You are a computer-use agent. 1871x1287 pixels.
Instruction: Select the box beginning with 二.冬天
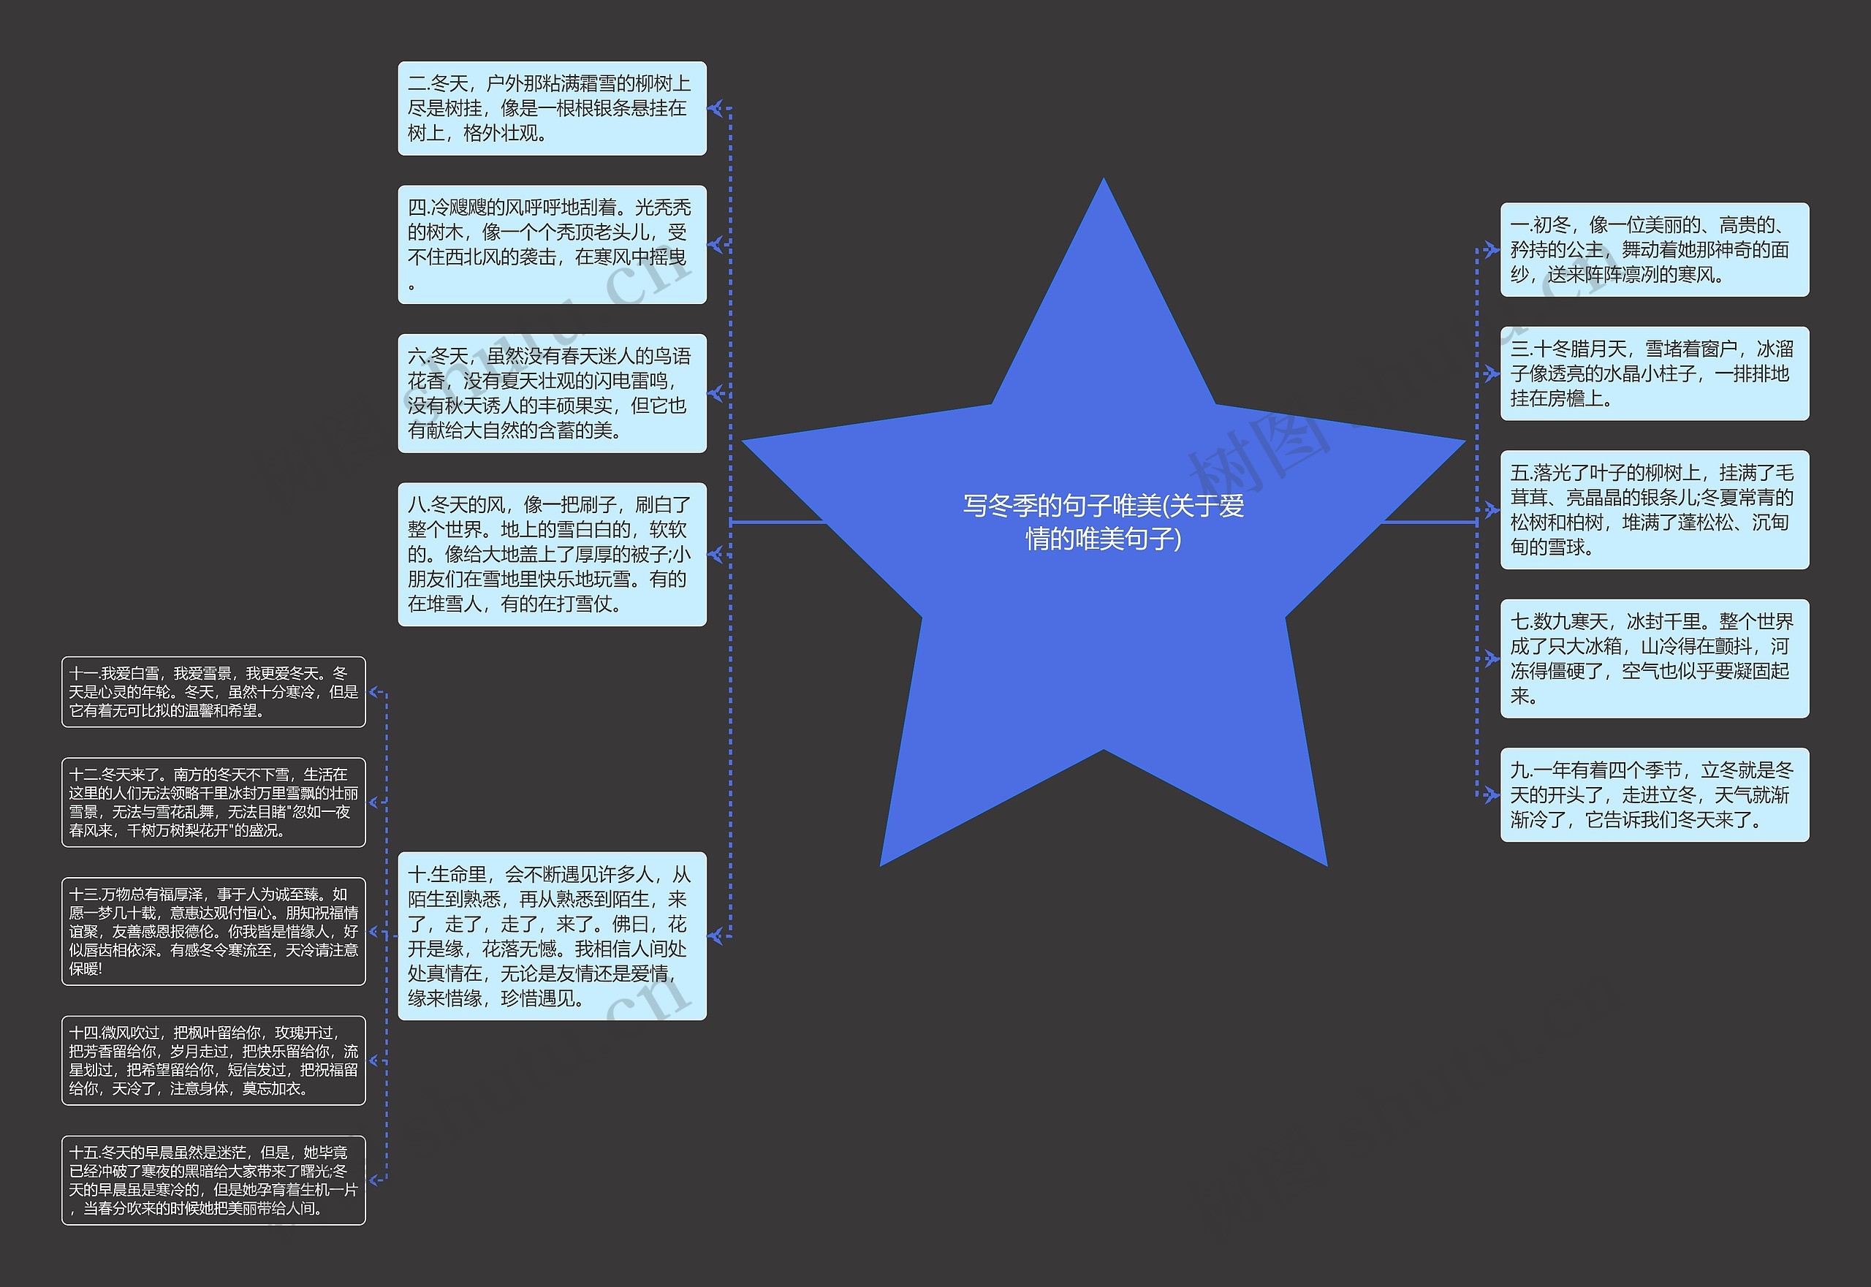pos(552,108)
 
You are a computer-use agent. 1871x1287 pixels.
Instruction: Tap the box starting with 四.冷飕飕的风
pos(552,244)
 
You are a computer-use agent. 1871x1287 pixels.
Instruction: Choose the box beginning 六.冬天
pos(552,392)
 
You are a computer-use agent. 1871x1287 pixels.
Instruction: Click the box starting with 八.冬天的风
pos(552,554)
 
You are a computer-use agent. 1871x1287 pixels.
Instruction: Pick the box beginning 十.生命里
pos(552,935)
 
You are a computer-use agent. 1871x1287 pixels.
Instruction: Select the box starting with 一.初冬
pos(1653,249)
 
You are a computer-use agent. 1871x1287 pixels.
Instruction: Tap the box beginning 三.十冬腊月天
pos(1653,373)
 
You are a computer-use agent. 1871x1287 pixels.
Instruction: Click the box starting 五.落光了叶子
pos(1653,509)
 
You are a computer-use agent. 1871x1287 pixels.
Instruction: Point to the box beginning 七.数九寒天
pos(1653,658)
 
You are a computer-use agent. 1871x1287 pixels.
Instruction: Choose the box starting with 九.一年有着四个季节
pos(1653,794)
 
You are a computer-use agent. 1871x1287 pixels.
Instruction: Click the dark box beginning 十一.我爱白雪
pos(213,692)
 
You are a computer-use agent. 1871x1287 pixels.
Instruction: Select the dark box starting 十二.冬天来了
pos(213,802)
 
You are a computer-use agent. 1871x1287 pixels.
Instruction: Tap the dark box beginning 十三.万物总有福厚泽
pos(213,931)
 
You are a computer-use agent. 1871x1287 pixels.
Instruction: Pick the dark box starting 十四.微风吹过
pos(213,1060)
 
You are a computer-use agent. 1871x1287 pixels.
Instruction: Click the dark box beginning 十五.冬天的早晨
pos(213,1180)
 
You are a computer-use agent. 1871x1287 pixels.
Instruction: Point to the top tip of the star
pos(1104,182)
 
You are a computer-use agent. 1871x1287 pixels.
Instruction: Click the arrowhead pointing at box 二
pos(715,108)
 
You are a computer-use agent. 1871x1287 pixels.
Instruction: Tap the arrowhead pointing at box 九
pos(1492,794)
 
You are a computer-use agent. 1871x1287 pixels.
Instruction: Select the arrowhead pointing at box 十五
pos(375,1180)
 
